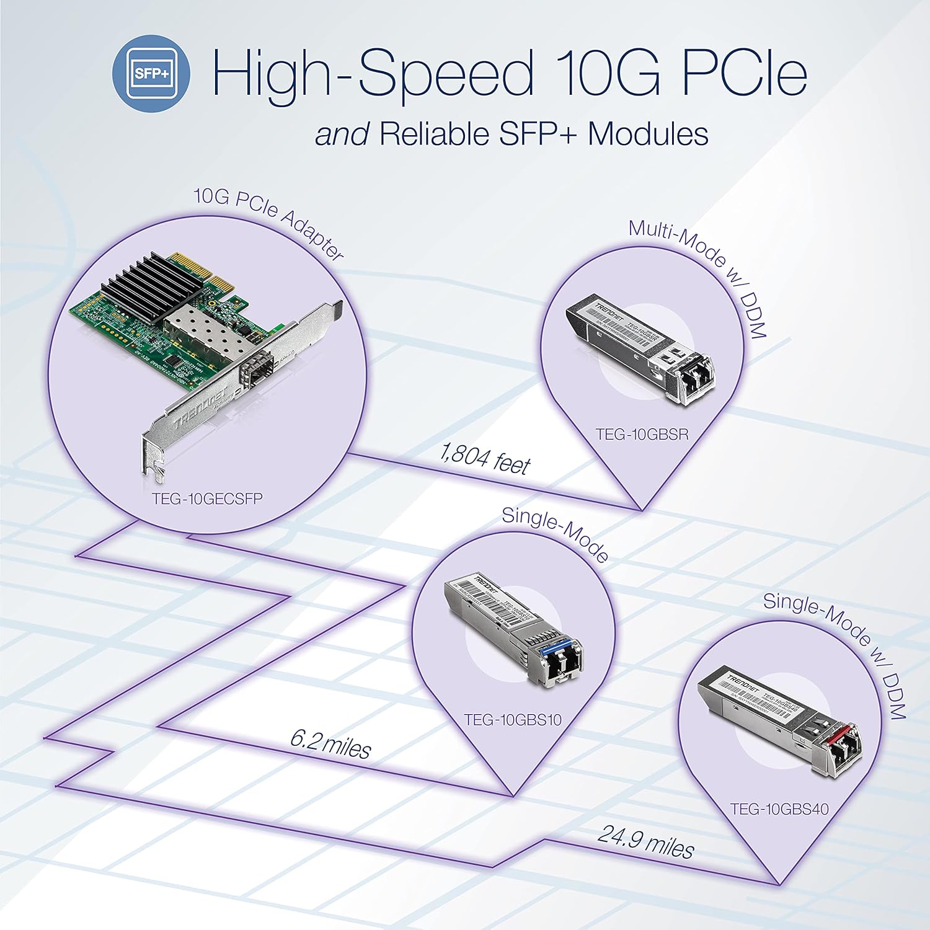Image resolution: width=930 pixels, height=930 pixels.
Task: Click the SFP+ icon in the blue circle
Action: click(x=151, y=73)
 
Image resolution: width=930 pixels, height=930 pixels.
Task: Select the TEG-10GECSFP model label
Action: click(x=207, y=499)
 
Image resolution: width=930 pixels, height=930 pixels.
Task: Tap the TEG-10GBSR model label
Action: click(x=642, y=434)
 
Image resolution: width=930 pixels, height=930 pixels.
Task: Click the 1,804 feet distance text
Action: click(x=485, y=459)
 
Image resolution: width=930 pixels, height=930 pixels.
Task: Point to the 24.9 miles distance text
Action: click(x=645, y=841)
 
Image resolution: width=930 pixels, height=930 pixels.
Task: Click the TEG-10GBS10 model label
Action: click(x=513, y=720)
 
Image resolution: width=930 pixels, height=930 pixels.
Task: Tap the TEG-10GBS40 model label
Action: click(x=779, y=808)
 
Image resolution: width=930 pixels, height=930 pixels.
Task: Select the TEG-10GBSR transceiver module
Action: click(x=642, y=350)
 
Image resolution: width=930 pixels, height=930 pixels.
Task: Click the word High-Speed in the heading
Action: click(x=372, y=73)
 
